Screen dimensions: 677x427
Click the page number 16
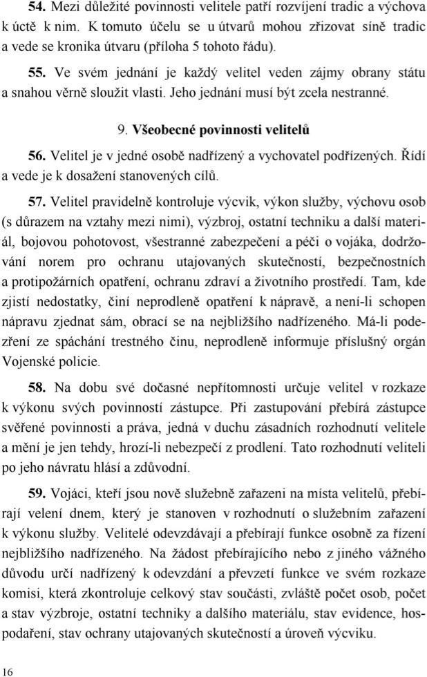[8, 671]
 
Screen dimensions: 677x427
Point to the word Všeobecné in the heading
[164, 128]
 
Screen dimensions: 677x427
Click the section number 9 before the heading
[122, 128]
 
